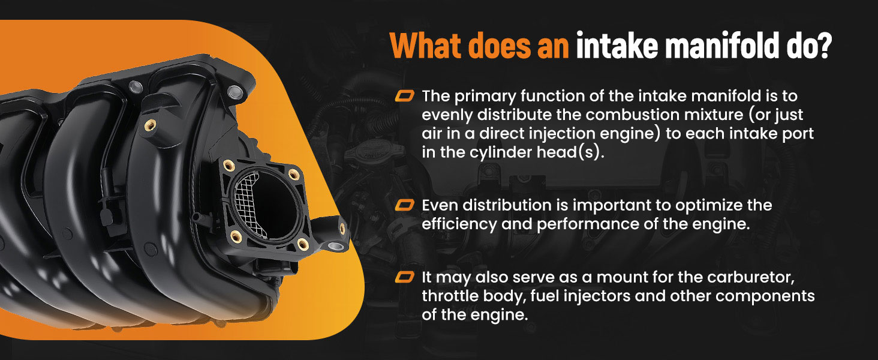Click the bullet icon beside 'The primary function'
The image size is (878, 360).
[404, 96]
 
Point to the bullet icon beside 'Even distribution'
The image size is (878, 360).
[404, 205]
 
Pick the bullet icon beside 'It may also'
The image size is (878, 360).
[404, 277]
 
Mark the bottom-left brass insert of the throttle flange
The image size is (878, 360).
[236, 236]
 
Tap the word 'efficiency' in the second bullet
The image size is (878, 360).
[458, 224]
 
